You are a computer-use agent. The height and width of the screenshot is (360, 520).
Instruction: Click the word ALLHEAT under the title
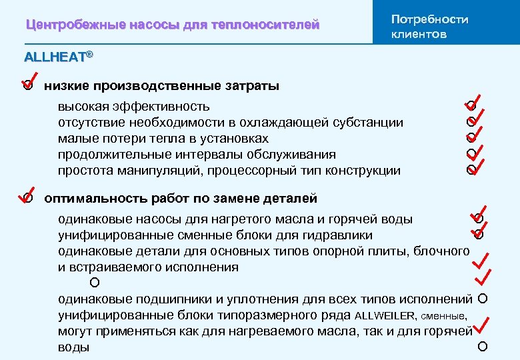point(55,57)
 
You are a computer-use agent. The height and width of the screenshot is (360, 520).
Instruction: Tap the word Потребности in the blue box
point(429,19)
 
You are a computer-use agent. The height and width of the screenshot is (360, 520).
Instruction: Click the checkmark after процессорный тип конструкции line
point(475,165)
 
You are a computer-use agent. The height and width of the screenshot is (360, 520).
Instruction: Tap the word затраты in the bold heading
point(254,86)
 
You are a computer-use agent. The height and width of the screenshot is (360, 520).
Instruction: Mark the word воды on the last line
point(73,348)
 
